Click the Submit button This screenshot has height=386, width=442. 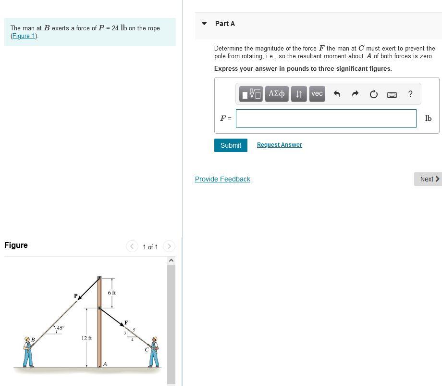[231, 145]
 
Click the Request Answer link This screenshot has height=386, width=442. [279, 145]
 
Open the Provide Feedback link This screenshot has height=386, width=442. [222, 179]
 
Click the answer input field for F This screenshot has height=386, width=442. [326, 118]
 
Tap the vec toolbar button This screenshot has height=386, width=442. [317, 94]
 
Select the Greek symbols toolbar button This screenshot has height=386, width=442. [276, 94]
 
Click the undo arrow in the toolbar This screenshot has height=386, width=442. [337, 94]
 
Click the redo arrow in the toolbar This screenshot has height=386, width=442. [355, 94]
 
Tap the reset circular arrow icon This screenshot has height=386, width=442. [374, 94]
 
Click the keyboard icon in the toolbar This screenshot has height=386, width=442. [392, 94]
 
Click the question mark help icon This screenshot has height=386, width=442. [410, 94]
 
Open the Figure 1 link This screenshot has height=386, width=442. [24, 36]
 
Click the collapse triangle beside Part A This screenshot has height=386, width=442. [204, 24]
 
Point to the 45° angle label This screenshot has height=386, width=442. [60, 328]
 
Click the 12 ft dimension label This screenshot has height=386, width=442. [86, 338]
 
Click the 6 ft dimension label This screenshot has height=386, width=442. [111, 293]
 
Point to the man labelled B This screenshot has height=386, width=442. [28, 352]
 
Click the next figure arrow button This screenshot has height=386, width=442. [169, 246]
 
